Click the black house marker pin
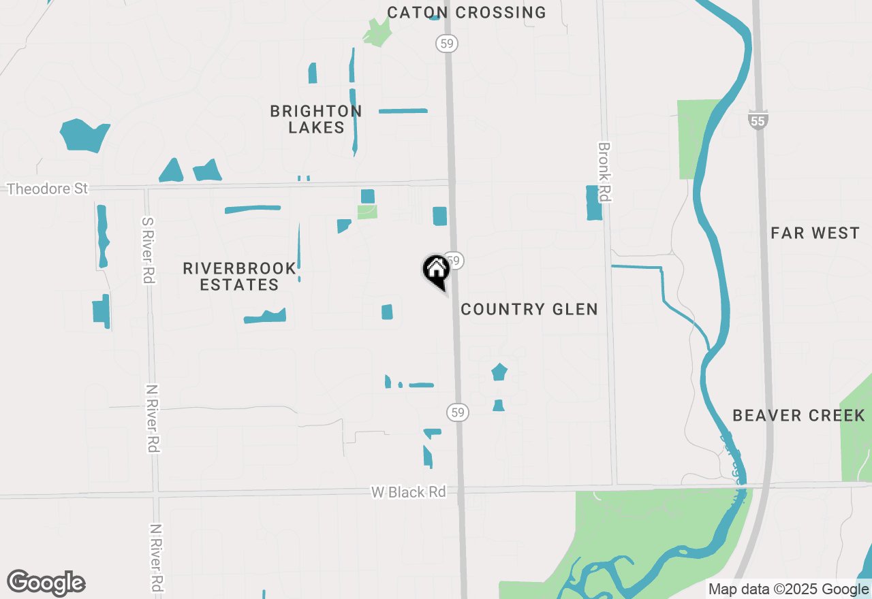pos(436,270)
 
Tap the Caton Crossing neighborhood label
pos(467,12)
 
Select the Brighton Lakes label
pos(316,119)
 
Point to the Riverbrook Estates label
pos(240,276)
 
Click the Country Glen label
pos(529,309)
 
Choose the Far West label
pos(815,233)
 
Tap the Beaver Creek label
pos(799,415)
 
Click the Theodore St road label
pos(48,189)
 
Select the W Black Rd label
pos(408,491)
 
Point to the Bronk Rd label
pos(604,172)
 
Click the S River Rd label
pos(148,250)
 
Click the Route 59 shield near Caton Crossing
pos(446,44)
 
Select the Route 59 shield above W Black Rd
pos(458,412)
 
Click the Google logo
pos(46,583)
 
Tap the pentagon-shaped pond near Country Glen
pos(499,372)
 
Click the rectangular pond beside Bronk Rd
pos(594,203)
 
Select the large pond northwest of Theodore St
pos(84,134)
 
